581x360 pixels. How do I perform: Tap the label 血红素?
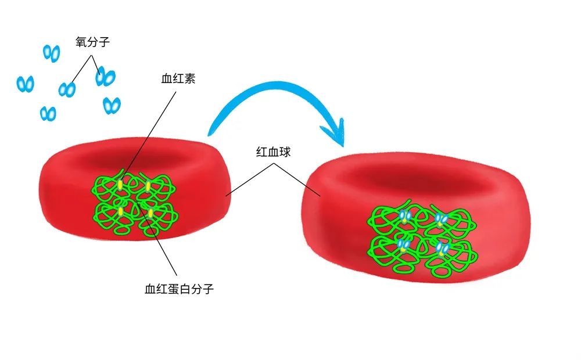click(x=178, y=79)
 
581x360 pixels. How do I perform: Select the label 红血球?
click(x=272, y=153)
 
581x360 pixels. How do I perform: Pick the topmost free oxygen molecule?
click(x=52, y=53)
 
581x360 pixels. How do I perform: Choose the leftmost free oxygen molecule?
click(x=26, y=84)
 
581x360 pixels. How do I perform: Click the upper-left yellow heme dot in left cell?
click(x=120, y=185)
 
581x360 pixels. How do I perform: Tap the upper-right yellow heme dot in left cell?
click(x=148, y=186)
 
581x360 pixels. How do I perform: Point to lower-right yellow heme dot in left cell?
click(x=150, y=213)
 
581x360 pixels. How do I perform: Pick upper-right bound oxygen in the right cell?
click(x=441, y=219)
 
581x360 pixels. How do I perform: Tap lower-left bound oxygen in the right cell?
click(x=403, y=244)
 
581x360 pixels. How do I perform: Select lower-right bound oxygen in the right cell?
click(x=442, y=249)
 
